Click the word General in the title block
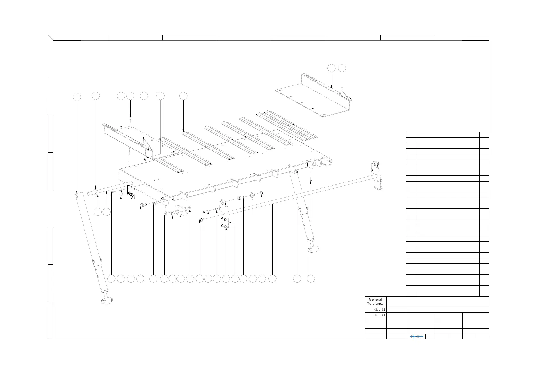375,300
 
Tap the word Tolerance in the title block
375,304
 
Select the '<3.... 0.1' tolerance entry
380,310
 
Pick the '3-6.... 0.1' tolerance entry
379,315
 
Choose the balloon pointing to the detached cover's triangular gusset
342,68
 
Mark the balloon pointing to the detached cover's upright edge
332,68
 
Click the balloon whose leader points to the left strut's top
77,97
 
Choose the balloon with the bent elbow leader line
235,279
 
